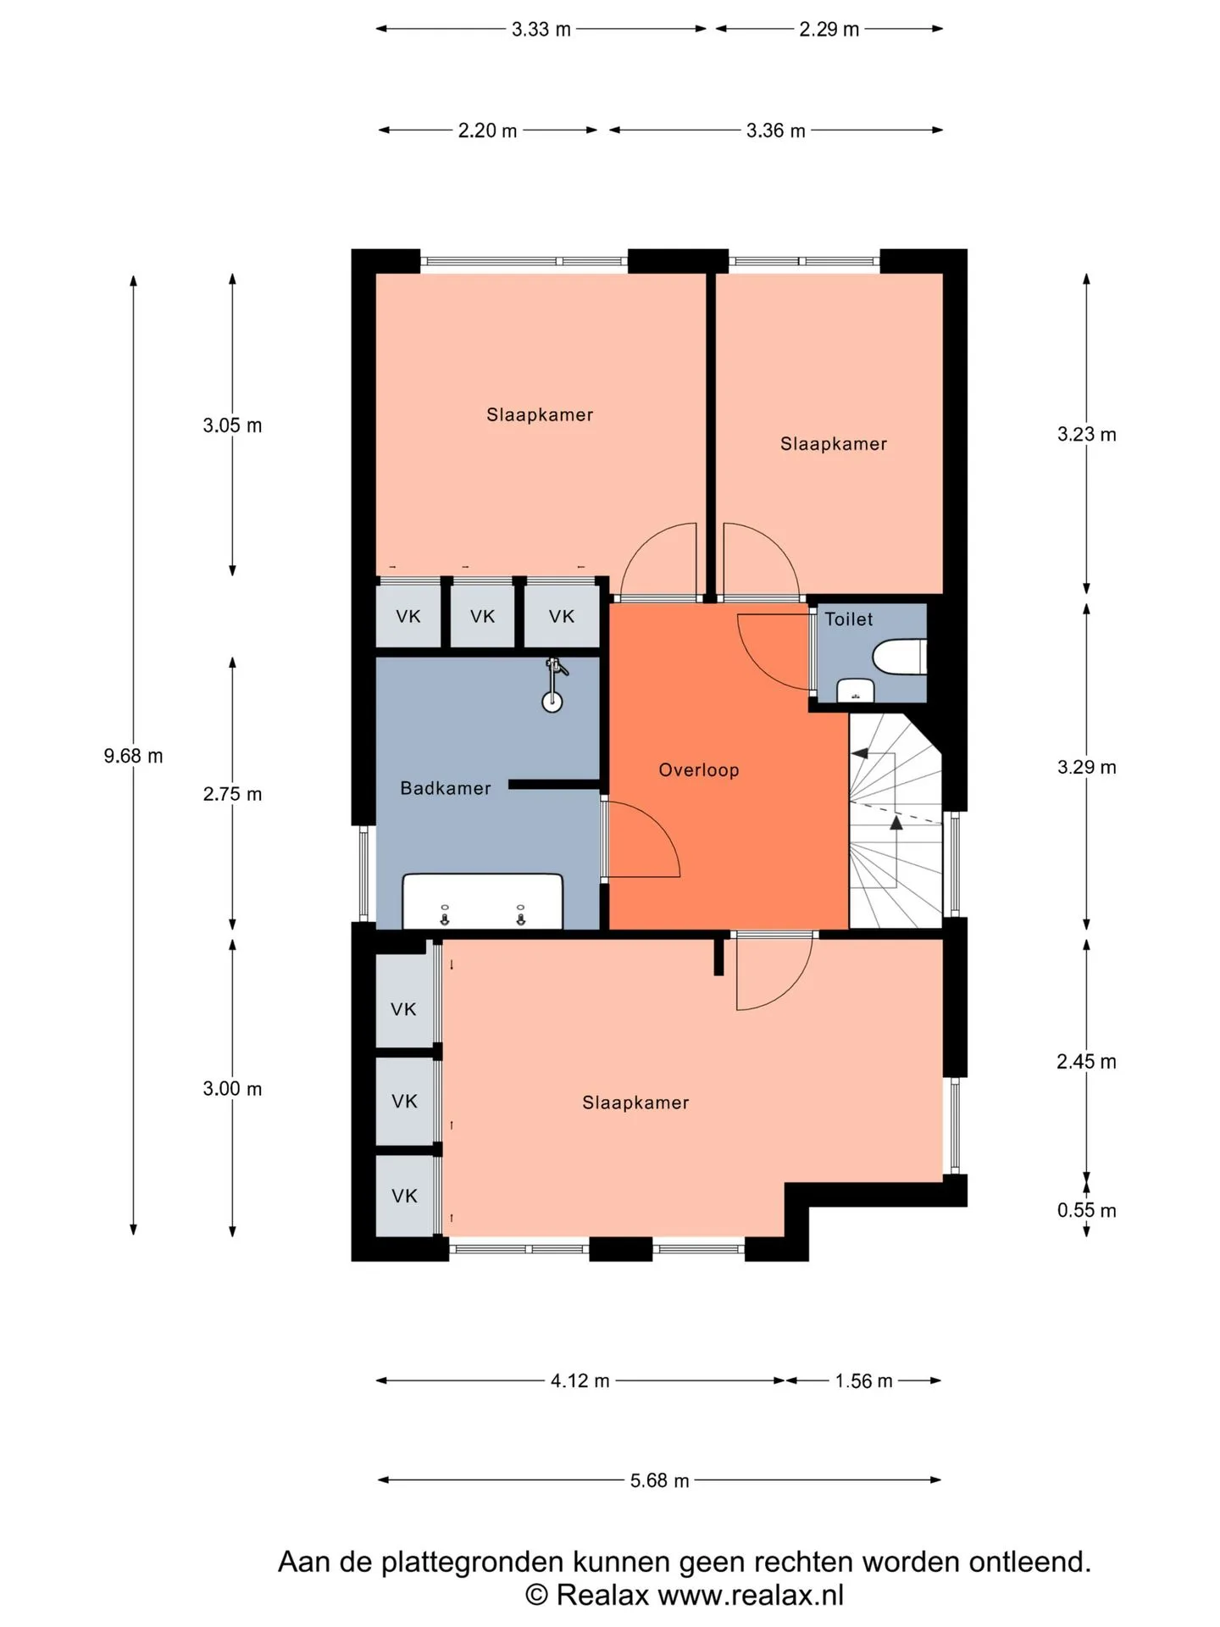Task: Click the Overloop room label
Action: pos(699,770)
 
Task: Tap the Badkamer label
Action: pos(446,788)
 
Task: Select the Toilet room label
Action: pos(849,619)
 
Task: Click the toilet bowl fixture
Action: pos(900,657)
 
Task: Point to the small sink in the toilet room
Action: pos(856,691)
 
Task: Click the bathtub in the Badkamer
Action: pos(483,901)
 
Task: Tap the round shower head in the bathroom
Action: pos(552,701)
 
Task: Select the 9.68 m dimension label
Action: pos(133,756)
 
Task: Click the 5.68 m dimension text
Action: pos(660,1480)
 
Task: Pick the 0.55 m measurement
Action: pos(1086,1210)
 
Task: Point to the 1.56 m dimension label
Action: pos(864,1381)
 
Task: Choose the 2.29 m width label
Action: pos(829,30)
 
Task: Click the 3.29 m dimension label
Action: pos(1086,767)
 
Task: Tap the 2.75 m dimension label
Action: pos(232,794)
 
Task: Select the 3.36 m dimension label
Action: pos(776,130)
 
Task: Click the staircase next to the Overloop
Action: pos(896,820)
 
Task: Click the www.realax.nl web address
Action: pos(751,1595)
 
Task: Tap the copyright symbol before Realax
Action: pos(536,1595)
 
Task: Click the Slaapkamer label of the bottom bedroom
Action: pos(635,1102)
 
